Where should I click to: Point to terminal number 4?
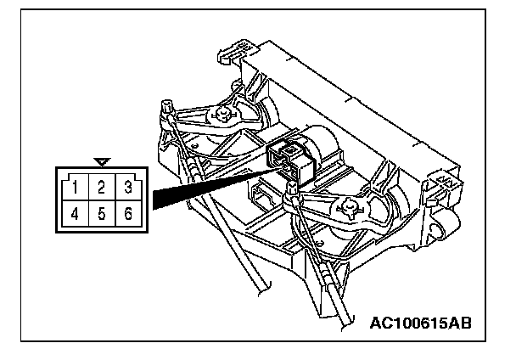pyautogui.click(x=76, y=213)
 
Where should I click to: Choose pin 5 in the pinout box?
pyautogui.click(x=101, y=213)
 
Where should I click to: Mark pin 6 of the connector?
pyautogui.click(x=126, y=213)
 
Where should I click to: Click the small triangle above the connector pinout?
pyautogui.click(x=102, y=160)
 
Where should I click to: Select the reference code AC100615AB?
pyautogui.click(x=421, y=323)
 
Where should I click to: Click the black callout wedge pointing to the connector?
pyautogui.click(x=204, y=188)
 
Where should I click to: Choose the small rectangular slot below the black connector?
pyautogui.click(x=259, y=197)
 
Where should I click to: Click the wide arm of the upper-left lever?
pyautogui.click(x=204, y=113)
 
